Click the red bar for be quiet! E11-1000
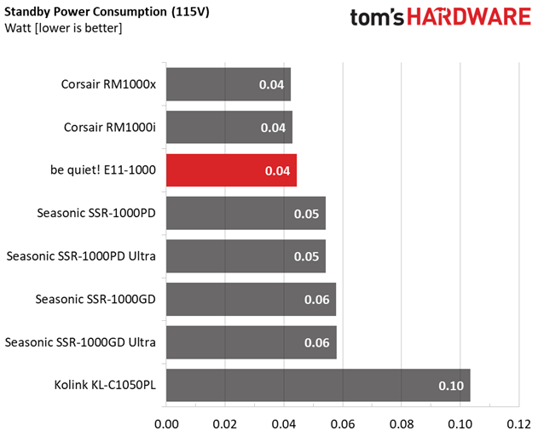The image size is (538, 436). (232, 170)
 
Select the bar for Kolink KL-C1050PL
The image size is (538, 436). (318, 385)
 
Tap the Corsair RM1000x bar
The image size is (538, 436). (229, 84)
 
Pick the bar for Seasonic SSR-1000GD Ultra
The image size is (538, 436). (252, 342)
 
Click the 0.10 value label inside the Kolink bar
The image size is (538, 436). (451, 386)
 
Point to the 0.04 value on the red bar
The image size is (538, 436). (278, 171)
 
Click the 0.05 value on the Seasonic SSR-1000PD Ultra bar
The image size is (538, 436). (306, 256)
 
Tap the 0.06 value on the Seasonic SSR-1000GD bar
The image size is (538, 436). (316, 300)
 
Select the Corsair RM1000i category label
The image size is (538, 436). (110, 128)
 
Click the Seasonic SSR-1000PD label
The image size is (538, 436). (96, 213)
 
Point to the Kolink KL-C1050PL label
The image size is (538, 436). (105, 385)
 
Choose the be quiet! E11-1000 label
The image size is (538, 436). (103, 170)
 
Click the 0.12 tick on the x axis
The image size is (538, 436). (518, 425)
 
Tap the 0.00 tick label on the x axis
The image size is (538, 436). (166, 425)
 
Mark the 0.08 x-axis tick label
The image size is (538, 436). (402, 425)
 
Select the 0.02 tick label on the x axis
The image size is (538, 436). (225, 425)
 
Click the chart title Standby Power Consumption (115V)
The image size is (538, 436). (107, 12)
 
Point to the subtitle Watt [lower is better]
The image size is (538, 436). (63, 28)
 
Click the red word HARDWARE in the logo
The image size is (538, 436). (469, 17)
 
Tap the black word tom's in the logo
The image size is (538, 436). (377, 18)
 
